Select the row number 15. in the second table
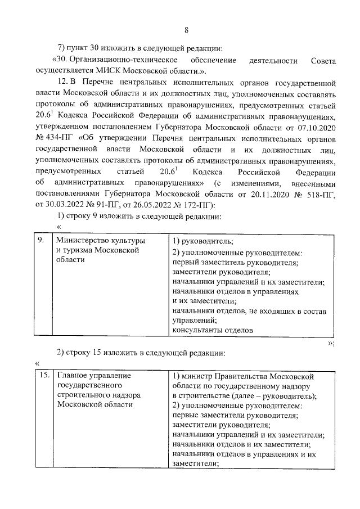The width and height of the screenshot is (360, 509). point(41,375)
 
